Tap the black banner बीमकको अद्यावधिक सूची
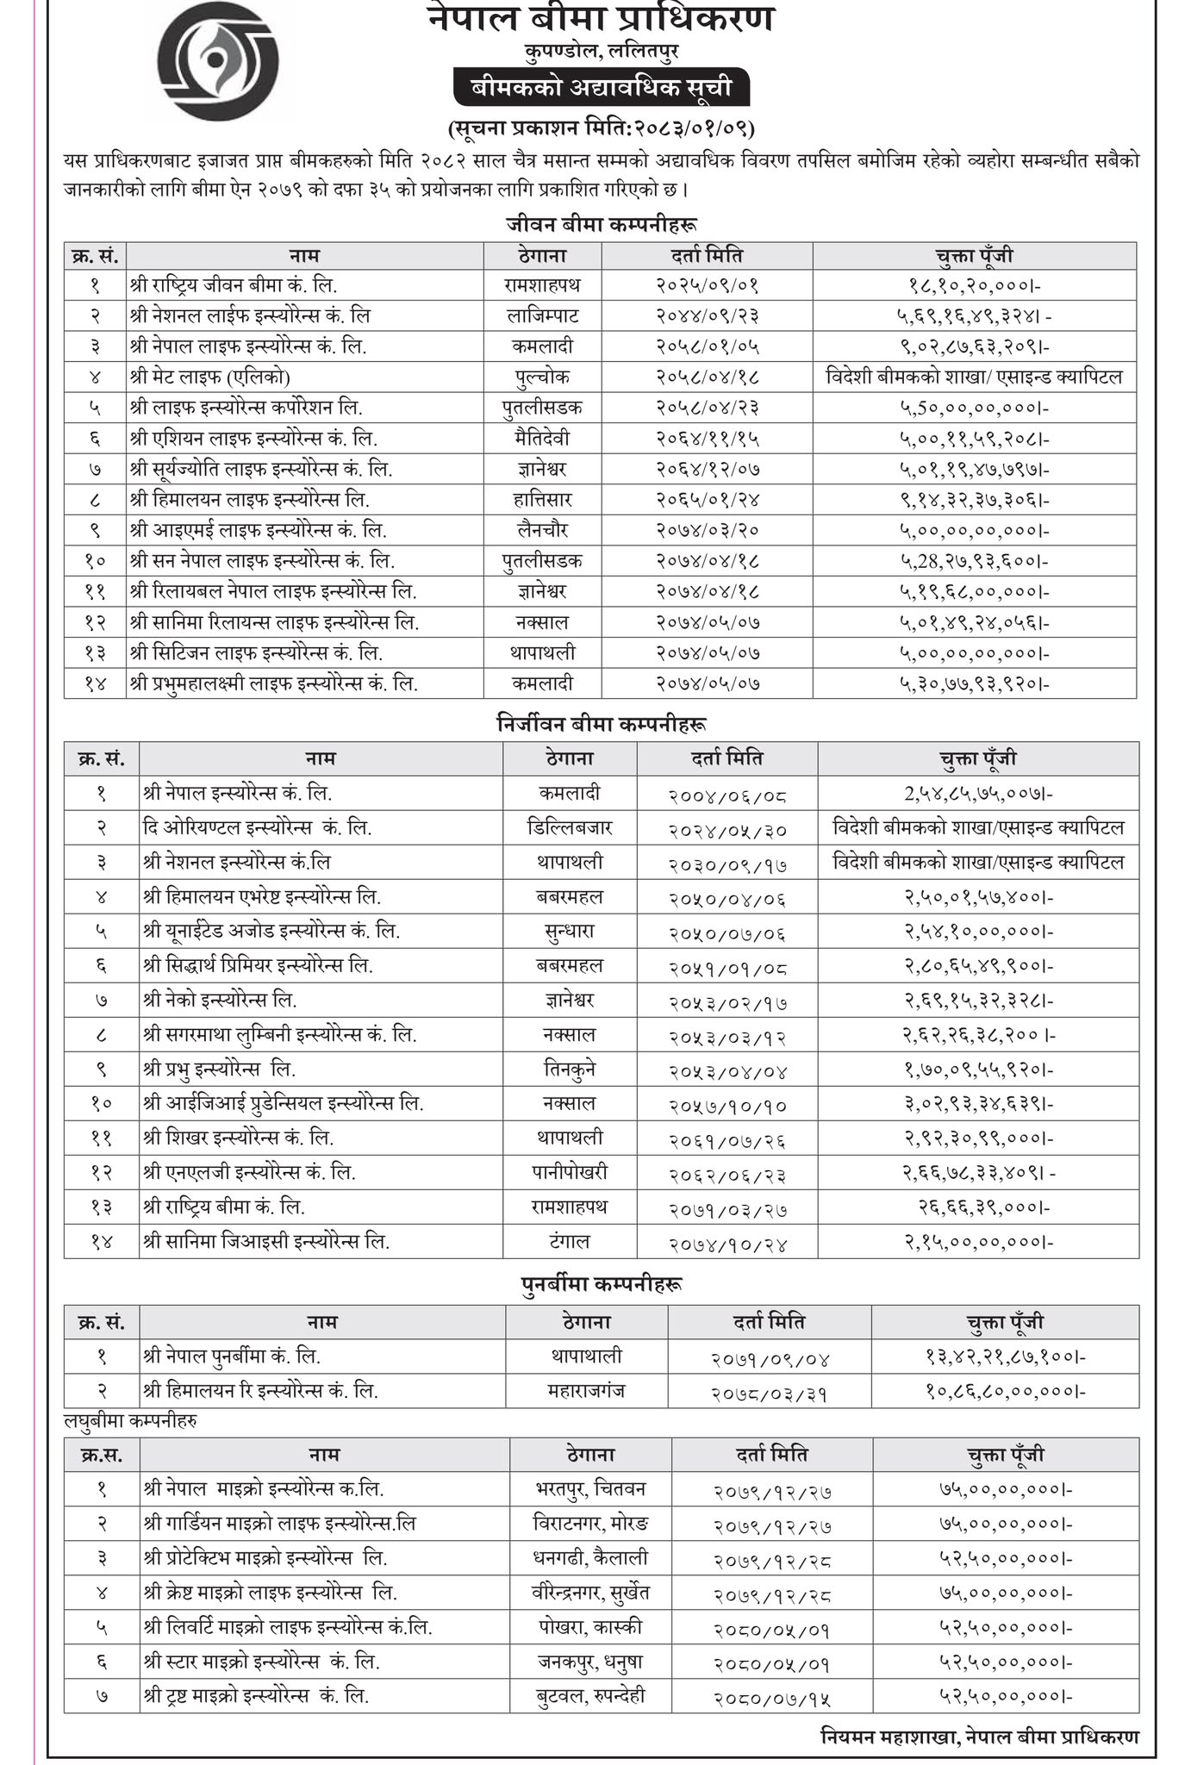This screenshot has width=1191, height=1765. [x=602, y=88]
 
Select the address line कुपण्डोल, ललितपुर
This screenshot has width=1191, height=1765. [x=601, y=52]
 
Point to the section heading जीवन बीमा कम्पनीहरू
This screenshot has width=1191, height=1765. [x=601, y=225]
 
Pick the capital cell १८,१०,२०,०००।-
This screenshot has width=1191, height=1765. [x=974, y=284]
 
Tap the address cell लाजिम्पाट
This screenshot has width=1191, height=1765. [x=542, y=315]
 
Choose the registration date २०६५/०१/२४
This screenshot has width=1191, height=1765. [x=707, y=500]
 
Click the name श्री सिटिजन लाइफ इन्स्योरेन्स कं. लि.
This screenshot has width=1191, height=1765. [x=256, y=653]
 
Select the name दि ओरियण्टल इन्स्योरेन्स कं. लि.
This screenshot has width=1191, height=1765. [x=257, y=828]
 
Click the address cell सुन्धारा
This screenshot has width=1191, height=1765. [x=569, y=932]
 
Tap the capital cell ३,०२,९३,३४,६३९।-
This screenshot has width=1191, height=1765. [x=978, y=1104]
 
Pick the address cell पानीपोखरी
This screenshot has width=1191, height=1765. [x=569, y=1173]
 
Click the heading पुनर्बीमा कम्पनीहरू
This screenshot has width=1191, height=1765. [x=602, y=1284]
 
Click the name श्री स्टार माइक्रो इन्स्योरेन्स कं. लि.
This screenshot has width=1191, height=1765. [x=261, y=1661]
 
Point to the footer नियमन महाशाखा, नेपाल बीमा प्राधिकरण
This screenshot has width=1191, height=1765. [x=979, y=1737]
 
